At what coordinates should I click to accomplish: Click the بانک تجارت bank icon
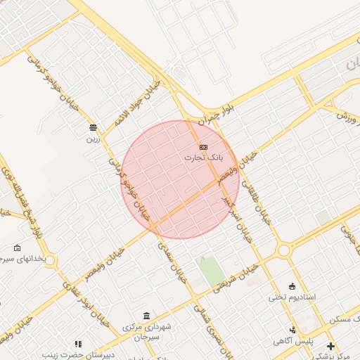pyautogui.click(x=203, y=147)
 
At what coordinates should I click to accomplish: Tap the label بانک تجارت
pyautogui.click(x=203, y=157)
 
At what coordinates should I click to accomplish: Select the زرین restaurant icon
pyautogui.click(x=94, y=127)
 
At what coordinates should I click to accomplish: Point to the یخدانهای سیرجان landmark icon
pyautogui.click(x=18, y=248)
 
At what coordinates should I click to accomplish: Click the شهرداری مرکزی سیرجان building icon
pyautogui.click(x=146, y=315)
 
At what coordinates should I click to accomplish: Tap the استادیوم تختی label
pyautogui.click(x=292, y=297)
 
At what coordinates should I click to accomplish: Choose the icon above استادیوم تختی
pyautogui.click(x=292, y=286)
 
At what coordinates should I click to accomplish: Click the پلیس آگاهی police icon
pyautogui.click(x=292, y=330)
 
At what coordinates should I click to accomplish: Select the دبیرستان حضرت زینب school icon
pyautogui.click(x=78, y=345)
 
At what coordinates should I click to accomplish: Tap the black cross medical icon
pyautogui.click(x=331, y=346)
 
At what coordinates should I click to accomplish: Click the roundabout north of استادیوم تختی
pyautogui.click(x=284, y=250)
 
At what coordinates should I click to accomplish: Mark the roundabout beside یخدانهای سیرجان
pyautogui.click(x=50, y=262)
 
